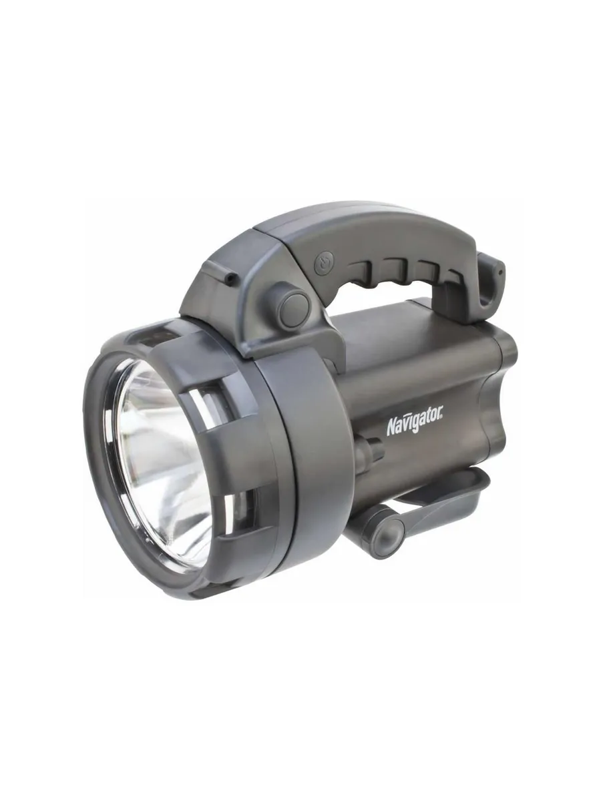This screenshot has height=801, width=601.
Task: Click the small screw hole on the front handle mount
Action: (x=228, y=278)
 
